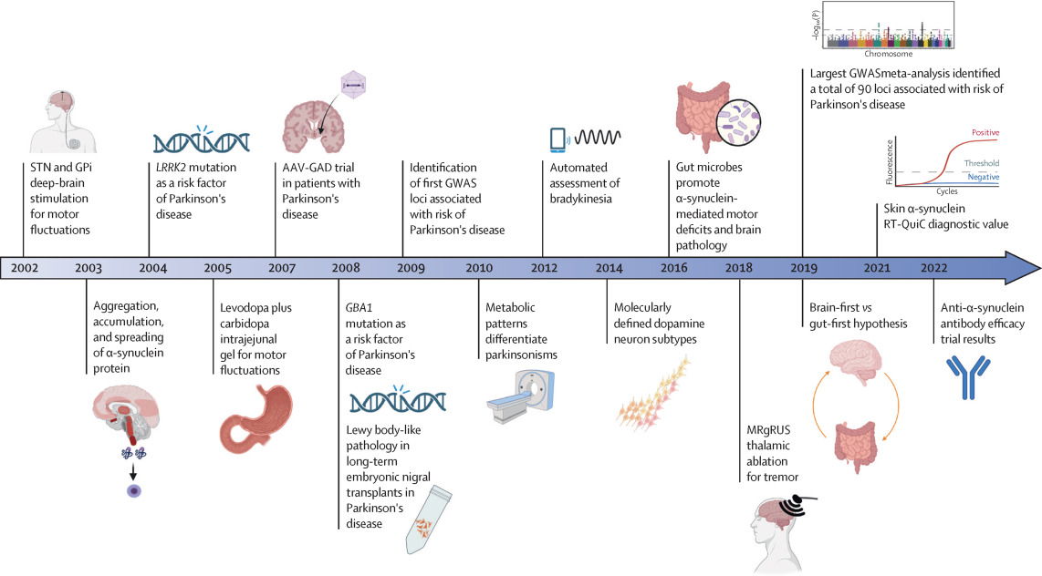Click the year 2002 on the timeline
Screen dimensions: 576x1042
click(25, 270)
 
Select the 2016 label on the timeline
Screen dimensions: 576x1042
click(673, 270)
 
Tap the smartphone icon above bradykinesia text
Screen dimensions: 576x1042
click(556, 139)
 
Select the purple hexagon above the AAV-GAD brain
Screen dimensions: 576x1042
click(352, 85)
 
